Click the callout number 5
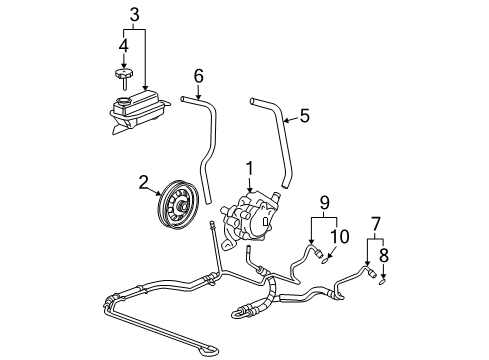[x=304, y=115]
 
